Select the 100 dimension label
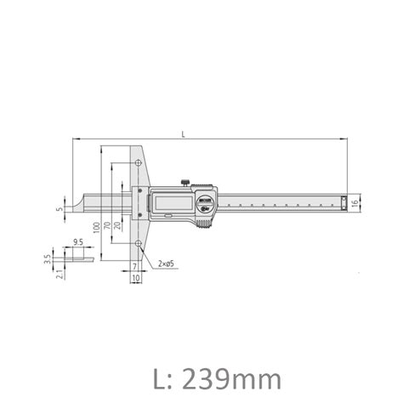pyautogui.click(x=96, y=226)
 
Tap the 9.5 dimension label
pyautogui.click(x=77, y=242)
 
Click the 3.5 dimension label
pyautogui.click(x=48, y=256)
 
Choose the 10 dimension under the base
pyautogui.click(x=135, y=278)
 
